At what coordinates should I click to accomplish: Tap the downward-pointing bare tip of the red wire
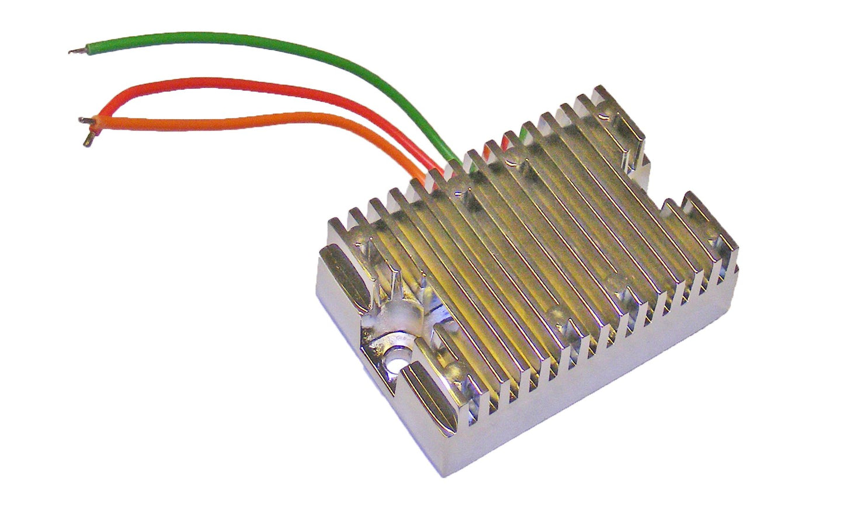click(89, 140)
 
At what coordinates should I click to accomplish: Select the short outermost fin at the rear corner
click(602, 97)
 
